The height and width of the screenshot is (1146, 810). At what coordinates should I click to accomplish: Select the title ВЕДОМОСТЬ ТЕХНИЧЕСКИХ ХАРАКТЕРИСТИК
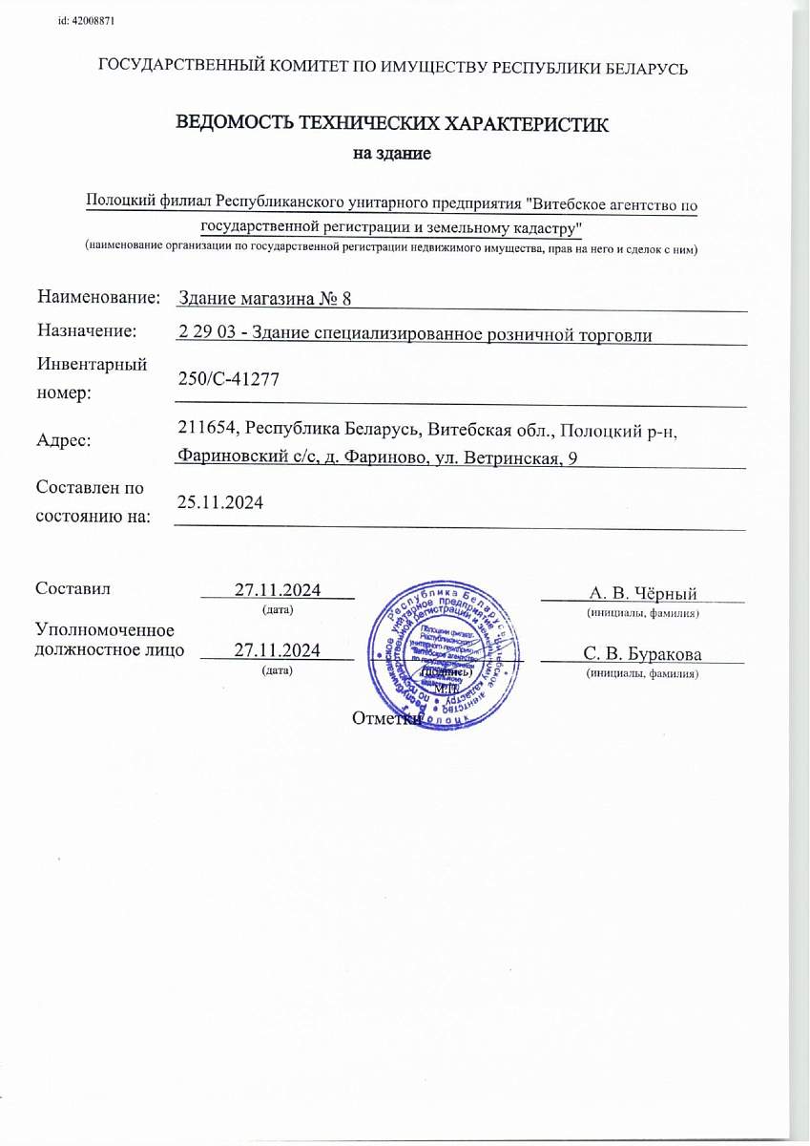(x=392, y=123)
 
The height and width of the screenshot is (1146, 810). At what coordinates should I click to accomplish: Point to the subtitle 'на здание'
(x=392, y=153)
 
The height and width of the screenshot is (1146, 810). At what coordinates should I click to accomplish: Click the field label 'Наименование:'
(x=98, y=298)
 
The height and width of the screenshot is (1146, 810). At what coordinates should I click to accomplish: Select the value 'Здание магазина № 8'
(x=265, y=299)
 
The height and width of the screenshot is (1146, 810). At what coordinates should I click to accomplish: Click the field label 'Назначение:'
(x=87, y=330)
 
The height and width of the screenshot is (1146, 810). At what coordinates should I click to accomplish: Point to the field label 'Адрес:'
(x=65, y=440)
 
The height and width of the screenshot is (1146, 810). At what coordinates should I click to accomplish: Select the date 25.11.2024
(x=221, y=501)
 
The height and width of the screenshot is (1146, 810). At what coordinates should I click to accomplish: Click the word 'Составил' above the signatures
(x=73, y=588)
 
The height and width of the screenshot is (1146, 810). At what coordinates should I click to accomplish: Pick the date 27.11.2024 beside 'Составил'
(x=278, y=589)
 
